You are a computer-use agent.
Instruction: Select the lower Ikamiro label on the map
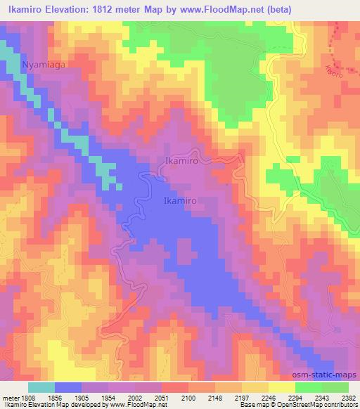(184, 200)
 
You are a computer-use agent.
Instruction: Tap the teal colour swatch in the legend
(42, 387)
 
